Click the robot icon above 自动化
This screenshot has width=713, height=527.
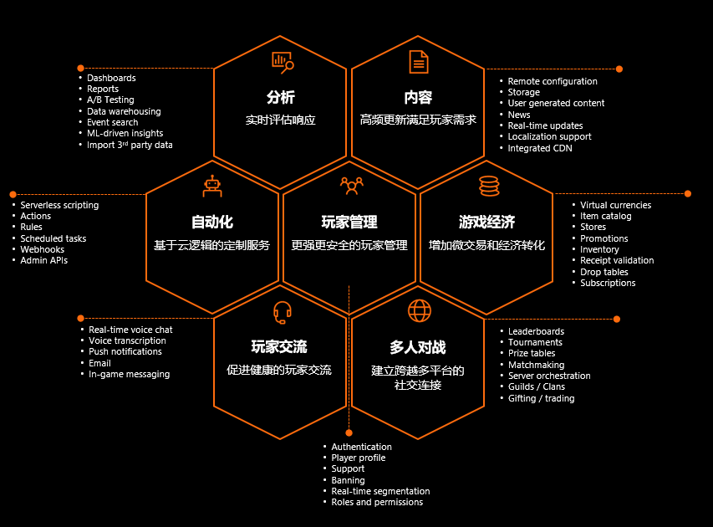point(212,186)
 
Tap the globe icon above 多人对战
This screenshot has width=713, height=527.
point(419,311)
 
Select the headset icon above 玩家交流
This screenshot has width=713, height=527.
point(282,312)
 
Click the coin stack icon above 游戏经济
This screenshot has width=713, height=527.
point(488,186)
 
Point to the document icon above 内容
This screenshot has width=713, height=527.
point(418,61)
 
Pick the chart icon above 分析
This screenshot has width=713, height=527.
point(283,61)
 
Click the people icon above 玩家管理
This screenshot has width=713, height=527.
point(351,186)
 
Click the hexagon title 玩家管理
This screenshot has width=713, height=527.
point(349,223)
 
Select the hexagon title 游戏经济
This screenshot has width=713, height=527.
point(486,223)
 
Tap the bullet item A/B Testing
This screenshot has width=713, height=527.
point(110,100)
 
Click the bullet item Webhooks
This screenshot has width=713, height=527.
point(43,249)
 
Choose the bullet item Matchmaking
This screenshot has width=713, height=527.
point(536,365)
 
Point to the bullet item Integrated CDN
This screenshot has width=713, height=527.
point(540,148)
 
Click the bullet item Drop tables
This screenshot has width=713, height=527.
point(604,272)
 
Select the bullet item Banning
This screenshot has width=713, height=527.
point(348,480)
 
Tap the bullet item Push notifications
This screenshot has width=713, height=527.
point(125,352)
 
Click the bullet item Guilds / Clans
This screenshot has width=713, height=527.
point(536,386)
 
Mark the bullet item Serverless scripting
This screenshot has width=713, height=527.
point(59,205)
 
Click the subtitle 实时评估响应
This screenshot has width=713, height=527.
point(281,120)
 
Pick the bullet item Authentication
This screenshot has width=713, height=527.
point(361,447)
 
